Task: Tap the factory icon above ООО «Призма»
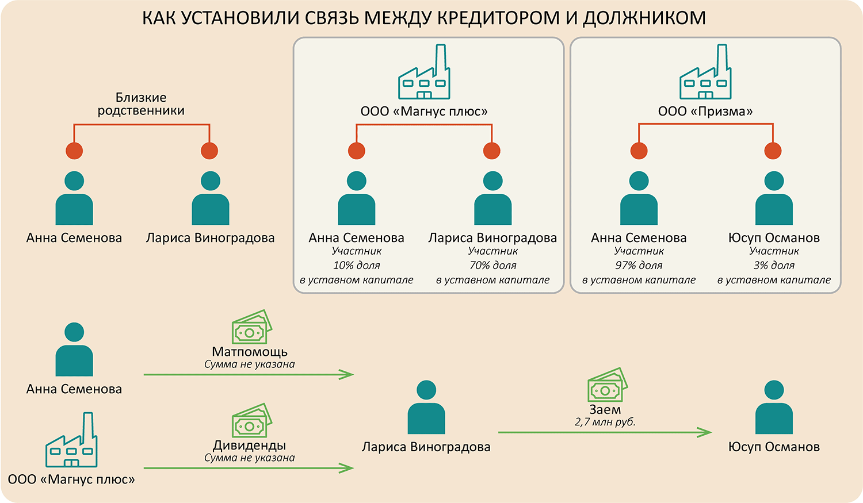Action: tap(705, 72)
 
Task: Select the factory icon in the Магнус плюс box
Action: tap(425, 72)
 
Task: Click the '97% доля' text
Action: tap(639, 266)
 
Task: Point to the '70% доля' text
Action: tap(493, 266)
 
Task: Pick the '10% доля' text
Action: tap(357, 266)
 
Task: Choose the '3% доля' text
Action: tap(774, 266)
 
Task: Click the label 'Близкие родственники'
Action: tap(141, 104)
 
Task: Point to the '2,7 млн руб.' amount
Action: tap(605, 422)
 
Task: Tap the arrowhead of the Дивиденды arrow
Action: tap(347, 469)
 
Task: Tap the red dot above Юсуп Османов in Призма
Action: tap(773, 151)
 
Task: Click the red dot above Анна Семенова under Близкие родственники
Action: tap(74, 151)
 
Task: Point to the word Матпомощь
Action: tap(250, 351)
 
